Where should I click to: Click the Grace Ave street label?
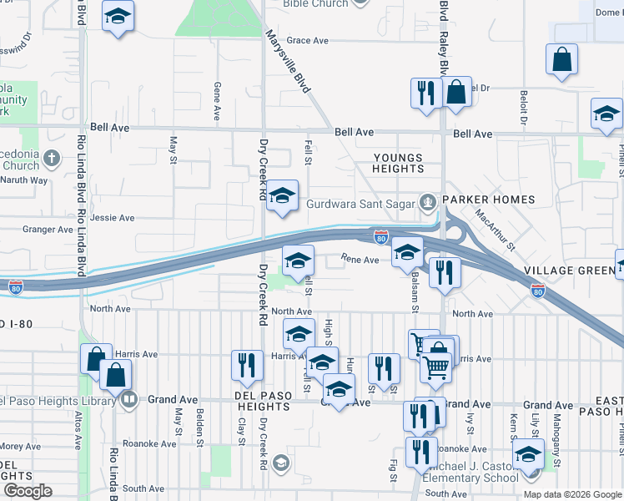[308, 40]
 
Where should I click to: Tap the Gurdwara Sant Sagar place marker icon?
[428, 201]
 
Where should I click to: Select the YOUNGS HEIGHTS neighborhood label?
[398, 163]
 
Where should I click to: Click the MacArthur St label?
[496, 227]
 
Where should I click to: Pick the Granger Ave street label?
[48, 230]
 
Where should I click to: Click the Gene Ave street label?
[217, 100]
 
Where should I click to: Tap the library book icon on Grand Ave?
[129, 400]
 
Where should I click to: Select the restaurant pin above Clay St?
[246, 365]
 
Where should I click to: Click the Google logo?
[28, 491]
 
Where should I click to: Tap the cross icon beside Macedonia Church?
[52, 158]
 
